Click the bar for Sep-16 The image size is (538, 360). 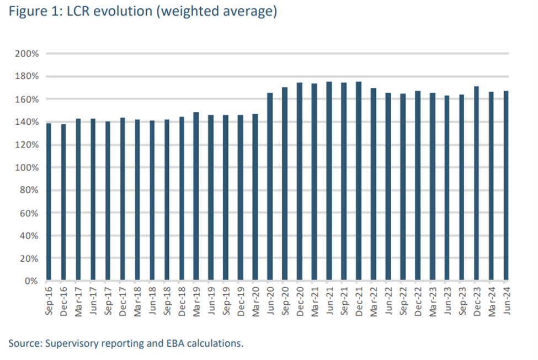49,202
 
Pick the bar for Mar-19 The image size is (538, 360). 196,197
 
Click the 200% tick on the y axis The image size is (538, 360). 28,54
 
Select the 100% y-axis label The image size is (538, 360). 28,167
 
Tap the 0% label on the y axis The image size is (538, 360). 31,281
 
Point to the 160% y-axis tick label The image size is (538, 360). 28,99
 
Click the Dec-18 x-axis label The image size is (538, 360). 182,301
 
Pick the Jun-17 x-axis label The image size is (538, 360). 93,301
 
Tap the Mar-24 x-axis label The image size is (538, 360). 491,301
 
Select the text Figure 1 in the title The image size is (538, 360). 31,12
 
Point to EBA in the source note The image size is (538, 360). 175,343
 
